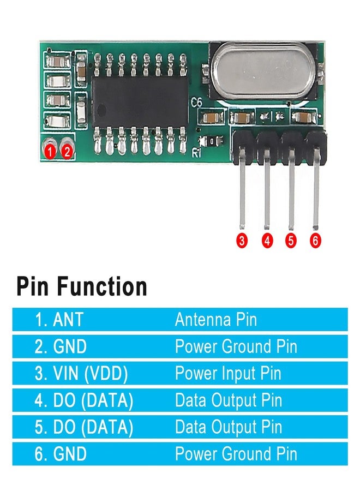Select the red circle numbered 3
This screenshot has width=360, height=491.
[x=242, y=241]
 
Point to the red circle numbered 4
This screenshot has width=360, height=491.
[x=267, y=241]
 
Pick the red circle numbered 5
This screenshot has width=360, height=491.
[x=291, y=241]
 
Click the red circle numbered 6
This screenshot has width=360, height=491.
[x=315, y=241]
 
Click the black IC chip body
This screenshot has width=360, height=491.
[x=140, y=101]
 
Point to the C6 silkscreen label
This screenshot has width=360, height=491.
[x=196, y=103]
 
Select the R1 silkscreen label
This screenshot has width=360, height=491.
[x=196, y=153]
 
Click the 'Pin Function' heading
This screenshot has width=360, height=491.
[x=82, y=286]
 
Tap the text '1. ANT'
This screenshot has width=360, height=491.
[x=59, y=319]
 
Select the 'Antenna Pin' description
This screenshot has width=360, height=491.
[x=216, y=319]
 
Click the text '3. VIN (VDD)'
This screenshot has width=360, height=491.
[x=81, y=374]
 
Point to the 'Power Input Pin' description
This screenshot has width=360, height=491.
[x=228, y=374]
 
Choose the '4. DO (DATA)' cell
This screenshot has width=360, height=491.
[x=84, y=400]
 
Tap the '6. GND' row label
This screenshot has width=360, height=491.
[x=61, y=454]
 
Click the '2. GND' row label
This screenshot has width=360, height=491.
[x=61, y=346]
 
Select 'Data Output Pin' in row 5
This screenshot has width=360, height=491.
[x=229, y=427]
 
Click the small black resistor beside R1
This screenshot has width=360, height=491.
[x=212, y=141]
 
